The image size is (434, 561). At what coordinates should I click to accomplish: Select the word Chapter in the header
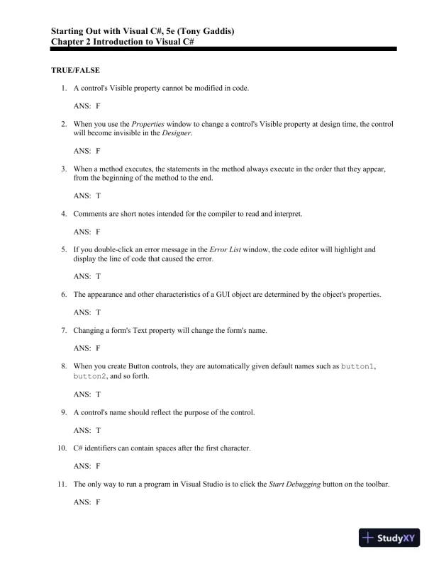coord(70,42)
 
